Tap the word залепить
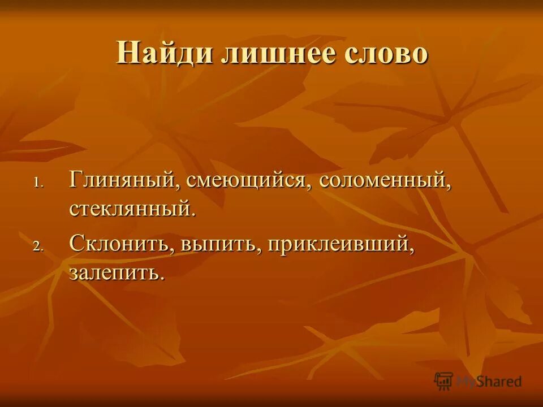[115, 272]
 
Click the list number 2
[37, 246]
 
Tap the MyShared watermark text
[489, 381]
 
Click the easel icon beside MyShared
[444, 380]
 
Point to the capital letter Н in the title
[127, 54]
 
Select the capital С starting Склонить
[77, 244]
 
